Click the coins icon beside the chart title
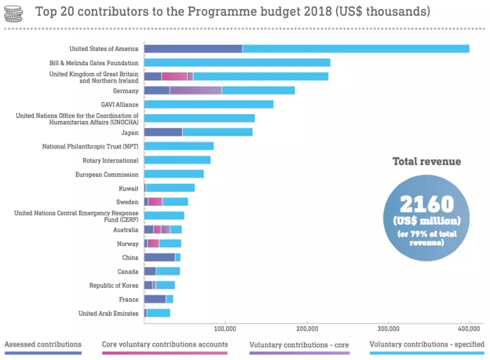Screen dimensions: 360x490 click(12, 12)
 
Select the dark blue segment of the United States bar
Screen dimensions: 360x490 click(192, 48)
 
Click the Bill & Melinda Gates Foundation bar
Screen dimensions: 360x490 click(237, 62)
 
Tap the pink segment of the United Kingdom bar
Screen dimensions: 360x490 click(174, 76)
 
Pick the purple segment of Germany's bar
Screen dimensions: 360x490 click(195, 90)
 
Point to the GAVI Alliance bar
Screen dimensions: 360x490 click(209, 104)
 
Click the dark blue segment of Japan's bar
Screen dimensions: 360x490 click(163, 132)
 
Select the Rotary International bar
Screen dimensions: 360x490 click(177, 160)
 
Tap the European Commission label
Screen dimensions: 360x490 click(106, 174)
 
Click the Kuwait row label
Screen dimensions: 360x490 click(128, 188)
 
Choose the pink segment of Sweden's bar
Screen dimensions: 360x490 click(155, 202)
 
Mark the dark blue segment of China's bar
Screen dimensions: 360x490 click(160, 257)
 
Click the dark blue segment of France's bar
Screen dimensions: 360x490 click(155, 299)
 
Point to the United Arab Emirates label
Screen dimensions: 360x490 click(108, 313)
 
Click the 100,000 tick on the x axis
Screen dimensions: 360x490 click(225, 327)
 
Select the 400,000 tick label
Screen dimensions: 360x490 click(470, 327)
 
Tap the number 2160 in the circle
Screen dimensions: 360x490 click(426, 205)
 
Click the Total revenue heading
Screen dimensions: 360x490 click(426, 162)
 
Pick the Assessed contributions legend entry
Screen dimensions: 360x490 click(43, 345)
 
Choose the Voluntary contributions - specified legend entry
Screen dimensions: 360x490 click(427, 345)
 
